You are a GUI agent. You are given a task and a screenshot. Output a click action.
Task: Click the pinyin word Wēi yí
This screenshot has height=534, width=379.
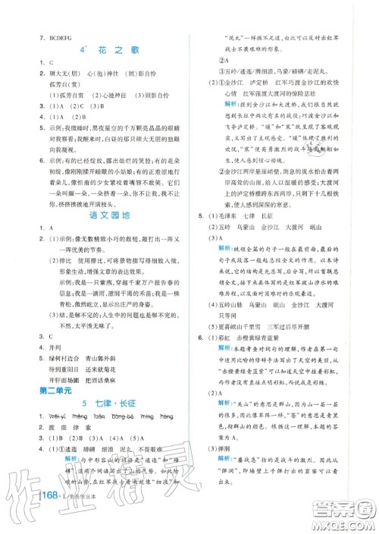point(59,416)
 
